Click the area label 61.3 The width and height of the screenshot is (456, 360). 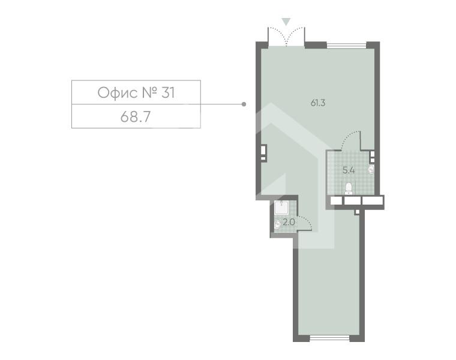pos(318,103)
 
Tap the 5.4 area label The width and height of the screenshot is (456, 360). pos(349,170)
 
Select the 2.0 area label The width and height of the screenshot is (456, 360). pos(289,222)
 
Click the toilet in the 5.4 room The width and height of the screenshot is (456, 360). pos(349,188)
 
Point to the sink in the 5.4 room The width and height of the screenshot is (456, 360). pos(371,169)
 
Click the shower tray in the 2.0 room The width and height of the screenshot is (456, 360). pos(281,208)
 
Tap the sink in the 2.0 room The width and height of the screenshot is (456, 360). pos(277,224)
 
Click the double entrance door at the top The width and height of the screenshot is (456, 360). pos(286,37)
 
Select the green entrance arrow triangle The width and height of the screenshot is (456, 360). pos(286,22)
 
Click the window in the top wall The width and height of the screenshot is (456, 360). pos(346,46)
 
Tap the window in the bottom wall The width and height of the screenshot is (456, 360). pos(329,338)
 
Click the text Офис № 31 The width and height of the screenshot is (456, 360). pos(136,93)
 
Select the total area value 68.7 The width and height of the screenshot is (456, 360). pos(136,117)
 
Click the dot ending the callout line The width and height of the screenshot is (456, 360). pos(244,104)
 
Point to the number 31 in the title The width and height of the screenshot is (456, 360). pos(168,93)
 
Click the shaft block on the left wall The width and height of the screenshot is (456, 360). pos(264,152)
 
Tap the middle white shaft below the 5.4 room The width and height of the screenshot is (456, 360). pos(352,200)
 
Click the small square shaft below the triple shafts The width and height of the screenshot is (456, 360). pos(357,212)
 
